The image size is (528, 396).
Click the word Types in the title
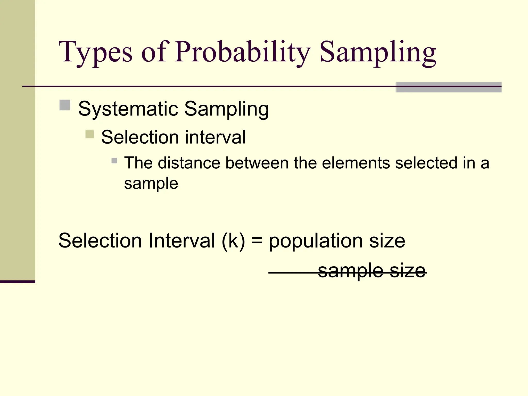95,53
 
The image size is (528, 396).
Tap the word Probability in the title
242,53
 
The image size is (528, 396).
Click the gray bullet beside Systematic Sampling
65,105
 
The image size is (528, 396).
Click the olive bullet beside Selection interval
89,134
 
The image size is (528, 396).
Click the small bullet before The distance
114,161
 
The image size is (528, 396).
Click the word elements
356,163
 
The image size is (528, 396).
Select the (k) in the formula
233,241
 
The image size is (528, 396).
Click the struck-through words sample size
372,271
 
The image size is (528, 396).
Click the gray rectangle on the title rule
448,87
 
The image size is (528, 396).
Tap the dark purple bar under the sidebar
18,282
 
